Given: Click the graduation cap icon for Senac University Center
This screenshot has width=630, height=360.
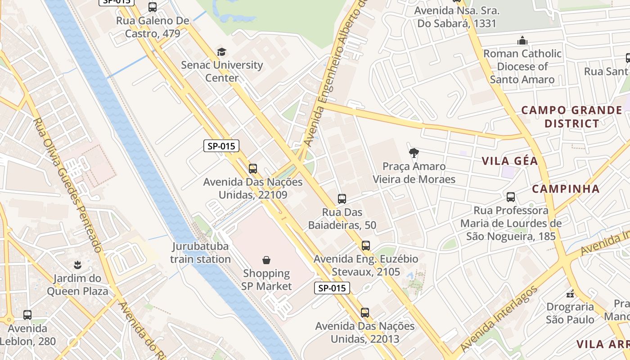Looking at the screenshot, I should [x=221, y=52].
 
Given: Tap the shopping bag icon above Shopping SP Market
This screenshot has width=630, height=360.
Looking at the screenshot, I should [x=266, y=260].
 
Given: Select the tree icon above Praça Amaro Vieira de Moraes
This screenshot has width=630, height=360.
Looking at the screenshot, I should [x=414, y=153].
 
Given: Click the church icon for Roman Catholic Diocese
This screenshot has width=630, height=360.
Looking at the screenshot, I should [x=522, y=40].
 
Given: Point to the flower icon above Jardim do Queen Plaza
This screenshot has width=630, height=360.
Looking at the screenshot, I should [x=78, y=265].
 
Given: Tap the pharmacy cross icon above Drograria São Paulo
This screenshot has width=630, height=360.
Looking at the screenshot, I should [x=570, y=294].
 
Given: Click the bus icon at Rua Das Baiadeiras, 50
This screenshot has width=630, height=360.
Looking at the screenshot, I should [x=342, y=199].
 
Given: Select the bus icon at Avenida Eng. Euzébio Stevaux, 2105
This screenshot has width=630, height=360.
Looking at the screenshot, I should [x=366, y=246].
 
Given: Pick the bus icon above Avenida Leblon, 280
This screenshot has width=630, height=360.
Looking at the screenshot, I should [x=27, y=315].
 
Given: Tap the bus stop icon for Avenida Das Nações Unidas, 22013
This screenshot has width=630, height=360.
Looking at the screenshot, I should [x=365, y=312].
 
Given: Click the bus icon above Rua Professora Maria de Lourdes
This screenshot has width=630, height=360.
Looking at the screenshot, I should [x=511, y=197].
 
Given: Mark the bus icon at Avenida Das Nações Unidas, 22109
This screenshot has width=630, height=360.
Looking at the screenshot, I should [x=253, y=169].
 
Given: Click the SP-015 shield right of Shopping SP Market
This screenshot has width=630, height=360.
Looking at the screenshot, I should [x=332, y=288].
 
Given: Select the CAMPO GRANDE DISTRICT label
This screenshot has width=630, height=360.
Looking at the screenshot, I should [x=571, y=117].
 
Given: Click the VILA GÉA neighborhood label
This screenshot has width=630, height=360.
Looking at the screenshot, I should [x=510, y=161].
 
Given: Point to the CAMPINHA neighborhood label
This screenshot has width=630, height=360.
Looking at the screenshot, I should [x=566, y=189].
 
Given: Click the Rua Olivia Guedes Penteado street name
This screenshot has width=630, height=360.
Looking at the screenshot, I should [x=67, y=185].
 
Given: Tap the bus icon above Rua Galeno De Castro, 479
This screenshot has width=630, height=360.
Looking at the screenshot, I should [x=153, y=7].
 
